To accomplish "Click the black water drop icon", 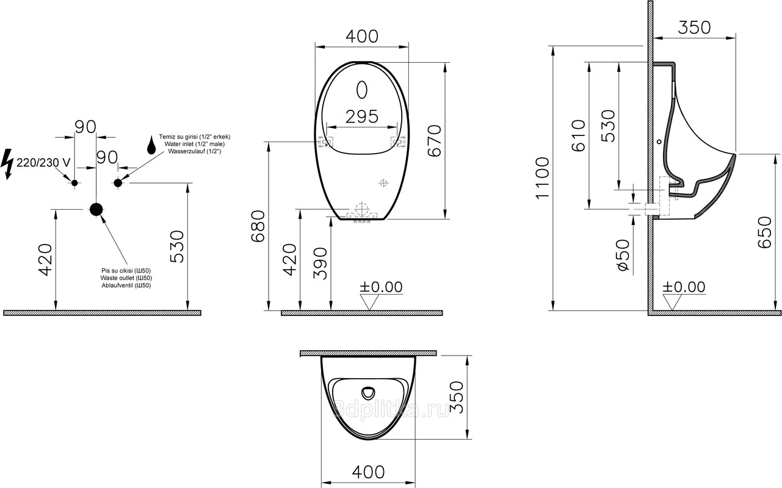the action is tap(151, 145).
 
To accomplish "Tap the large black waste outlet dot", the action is tap(96, 209).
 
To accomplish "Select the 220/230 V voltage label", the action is tap(43, 162).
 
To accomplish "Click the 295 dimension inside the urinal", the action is tap(362, 117).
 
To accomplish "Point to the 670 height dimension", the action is tap(435, 140).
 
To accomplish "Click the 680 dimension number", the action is tap(258, 226).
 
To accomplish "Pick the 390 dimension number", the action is tap(320, 264).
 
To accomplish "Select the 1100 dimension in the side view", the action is tap(543, 178).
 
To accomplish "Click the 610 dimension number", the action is tap(579, 135).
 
